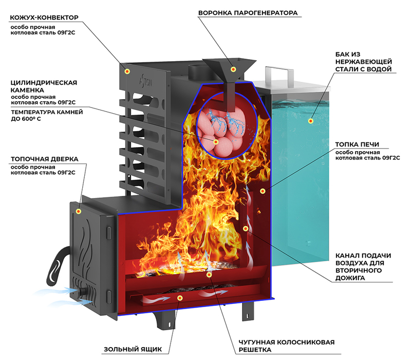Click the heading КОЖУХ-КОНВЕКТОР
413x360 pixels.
coord(44,17)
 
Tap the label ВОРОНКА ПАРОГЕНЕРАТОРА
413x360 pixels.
coord(248,13)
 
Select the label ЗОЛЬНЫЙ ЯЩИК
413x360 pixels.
coord(133,349)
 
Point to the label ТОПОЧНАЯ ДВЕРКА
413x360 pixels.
coord(45,159)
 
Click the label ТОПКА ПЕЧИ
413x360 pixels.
coord(357,145)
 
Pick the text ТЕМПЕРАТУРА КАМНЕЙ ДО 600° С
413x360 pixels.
coord(47,116)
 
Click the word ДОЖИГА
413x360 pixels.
coord(347,278)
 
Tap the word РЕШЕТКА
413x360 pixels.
coord(255,350)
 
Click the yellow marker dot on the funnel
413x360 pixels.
coord(233,69)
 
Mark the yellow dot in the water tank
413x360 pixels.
coord(311,121)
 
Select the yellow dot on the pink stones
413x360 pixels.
coord(216,142)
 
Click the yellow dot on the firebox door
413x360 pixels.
coord(78,211)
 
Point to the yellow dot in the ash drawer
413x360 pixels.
coord(180,298)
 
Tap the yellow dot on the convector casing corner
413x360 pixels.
coord(127,71)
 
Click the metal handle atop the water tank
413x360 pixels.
coord(279,71)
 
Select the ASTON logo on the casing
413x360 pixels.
coord(146,80)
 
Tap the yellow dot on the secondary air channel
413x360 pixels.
coord(246,228)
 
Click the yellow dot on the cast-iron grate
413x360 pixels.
coord(209,275)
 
